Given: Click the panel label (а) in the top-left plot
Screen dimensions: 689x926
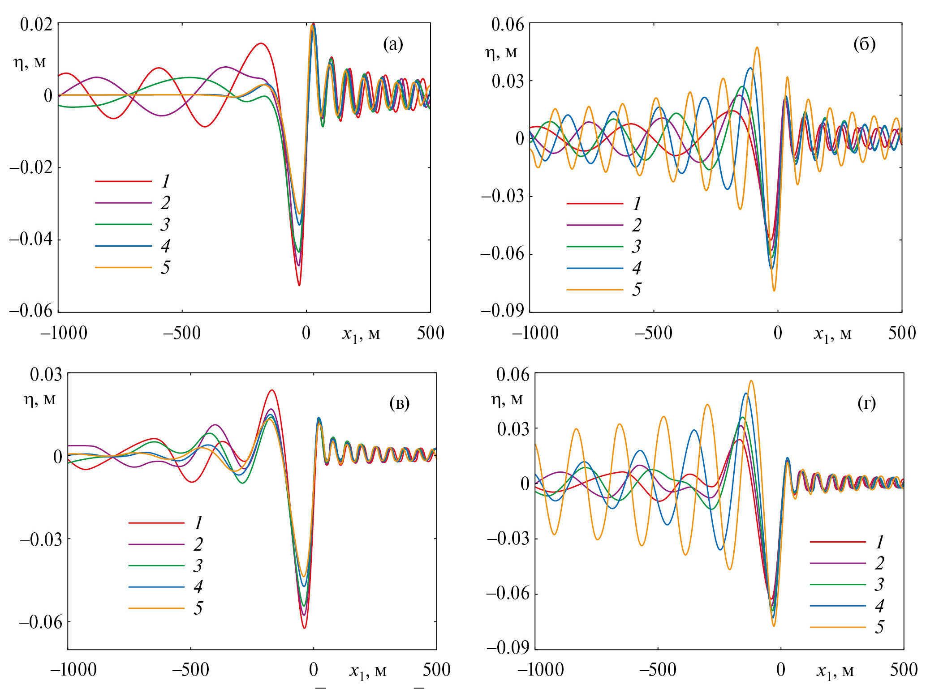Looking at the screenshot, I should (393, 45).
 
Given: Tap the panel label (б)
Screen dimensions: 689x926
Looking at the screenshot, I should (864, 45).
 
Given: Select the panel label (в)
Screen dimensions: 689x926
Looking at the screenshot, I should (400, 403).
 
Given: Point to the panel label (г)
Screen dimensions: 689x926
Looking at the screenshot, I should (867, 403).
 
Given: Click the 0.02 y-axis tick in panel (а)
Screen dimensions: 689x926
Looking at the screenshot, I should (36, 24).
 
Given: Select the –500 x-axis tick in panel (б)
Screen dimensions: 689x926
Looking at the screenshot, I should (654, 333).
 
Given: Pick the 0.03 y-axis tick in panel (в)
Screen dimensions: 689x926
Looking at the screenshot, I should (46, 374).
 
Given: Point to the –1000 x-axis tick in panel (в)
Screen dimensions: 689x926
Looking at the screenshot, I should (73, 670).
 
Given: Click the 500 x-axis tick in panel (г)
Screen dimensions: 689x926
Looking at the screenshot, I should (903, 670).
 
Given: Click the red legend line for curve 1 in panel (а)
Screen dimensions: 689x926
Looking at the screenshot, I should (123, 181).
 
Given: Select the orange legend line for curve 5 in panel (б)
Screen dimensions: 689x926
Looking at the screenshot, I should (594, 290).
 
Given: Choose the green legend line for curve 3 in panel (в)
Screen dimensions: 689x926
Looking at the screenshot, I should (156, 566).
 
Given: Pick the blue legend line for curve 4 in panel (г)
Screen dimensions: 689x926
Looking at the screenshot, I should (837, 606).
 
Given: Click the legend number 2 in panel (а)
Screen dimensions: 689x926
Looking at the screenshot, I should (165, 203).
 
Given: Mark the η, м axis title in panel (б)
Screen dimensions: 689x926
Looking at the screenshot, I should (501, 53).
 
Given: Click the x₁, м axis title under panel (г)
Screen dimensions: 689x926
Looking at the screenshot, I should (835, 671).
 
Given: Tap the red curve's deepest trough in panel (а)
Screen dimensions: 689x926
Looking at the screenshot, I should (299, 285).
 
